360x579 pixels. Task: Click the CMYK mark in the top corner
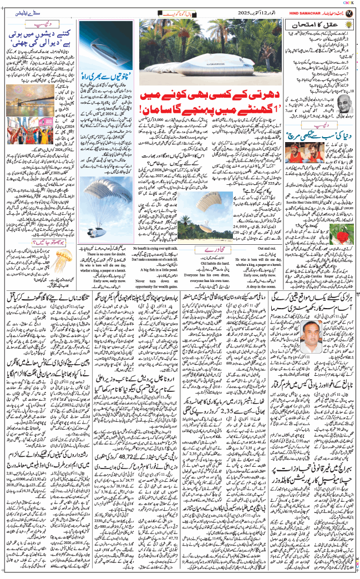352,3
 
